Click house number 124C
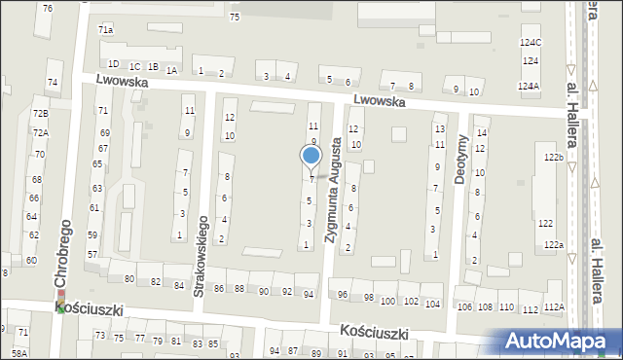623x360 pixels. (531, 42)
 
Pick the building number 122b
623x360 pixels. (554, 157)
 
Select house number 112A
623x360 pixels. (554, 307)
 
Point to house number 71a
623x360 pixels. (105, 30)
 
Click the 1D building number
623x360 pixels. (113, 64)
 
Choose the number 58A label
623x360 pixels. (19, 353)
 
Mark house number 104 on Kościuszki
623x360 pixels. (432, 304)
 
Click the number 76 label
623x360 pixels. (48, 8)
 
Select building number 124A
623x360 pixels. (529, 87)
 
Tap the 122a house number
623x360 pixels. (554, 245)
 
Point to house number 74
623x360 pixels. (53, 83)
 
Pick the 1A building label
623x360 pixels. (171, 70)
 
